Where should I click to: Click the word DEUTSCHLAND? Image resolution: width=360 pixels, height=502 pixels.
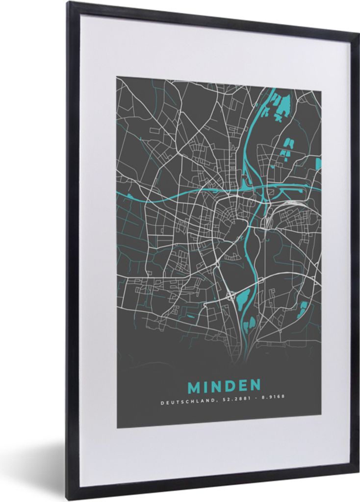187,403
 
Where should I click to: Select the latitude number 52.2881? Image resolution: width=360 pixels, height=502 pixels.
232,403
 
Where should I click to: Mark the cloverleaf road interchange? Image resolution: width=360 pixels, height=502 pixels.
230,296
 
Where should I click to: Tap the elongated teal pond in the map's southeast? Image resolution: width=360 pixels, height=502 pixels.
304,307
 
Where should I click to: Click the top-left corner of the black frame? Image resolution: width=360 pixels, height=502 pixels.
68,3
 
